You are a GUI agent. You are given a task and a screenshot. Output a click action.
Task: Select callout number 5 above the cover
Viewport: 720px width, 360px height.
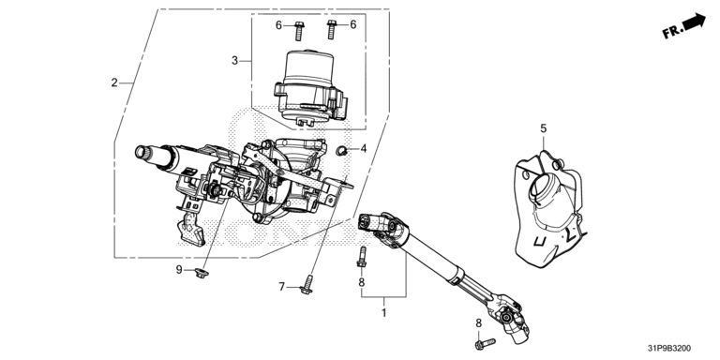[544, 128]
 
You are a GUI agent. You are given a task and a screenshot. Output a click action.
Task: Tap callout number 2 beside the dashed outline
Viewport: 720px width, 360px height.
[114, 82]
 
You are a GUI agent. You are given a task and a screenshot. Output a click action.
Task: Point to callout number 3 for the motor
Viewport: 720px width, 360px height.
[234, 61]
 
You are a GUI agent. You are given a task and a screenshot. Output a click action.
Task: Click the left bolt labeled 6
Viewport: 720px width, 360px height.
[298, 31]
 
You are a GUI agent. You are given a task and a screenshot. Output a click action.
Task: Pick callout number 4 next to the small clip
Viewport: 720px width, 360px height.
[364, 148]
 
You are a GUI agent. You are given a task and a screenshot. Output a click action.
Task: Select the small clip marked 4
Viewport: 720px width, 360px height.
[341, 149]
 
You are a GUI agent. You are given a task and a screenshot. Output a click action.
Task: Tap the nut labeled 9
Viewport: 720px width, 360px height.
[202, 273]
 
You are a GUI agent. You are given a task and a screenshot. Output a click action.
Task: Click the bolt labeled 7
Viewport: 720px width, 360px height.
[307, 285]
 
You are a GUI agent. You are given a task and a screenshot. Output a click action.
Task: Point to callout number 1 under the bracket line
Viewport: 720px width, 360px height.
[383, 313]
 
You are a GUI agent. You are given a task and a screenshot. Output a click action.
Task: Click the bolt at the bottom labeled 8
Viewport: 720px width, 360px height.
[483, 342]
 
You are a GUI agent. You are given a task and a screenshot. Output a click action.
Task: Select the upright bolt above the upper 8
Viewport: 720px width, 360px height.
[361, 256]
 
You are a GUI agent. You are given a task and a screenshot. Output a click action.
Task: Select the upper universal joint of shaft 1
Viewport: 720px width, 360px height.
[382, 226]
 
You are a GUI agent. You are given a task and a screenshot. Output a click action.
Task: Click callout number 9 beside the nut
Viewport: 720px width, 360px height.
[179, 270]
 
